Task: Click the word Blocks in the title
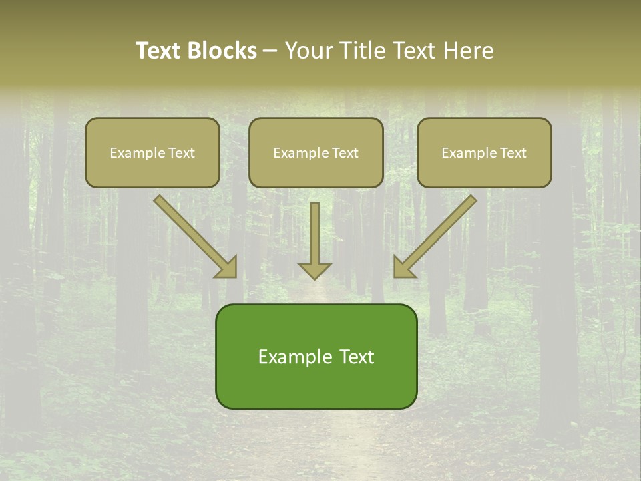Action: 223,51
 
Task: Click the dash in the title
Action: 270,51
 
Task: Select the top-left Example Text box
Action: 152,152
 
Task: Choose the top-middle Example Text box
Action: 316,152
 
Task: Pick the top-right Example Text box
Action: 484,152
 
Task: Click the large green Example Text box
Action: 316,356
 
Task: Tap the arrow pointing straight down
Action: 314,237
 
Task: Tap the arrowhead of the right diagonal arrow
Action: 403,267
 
